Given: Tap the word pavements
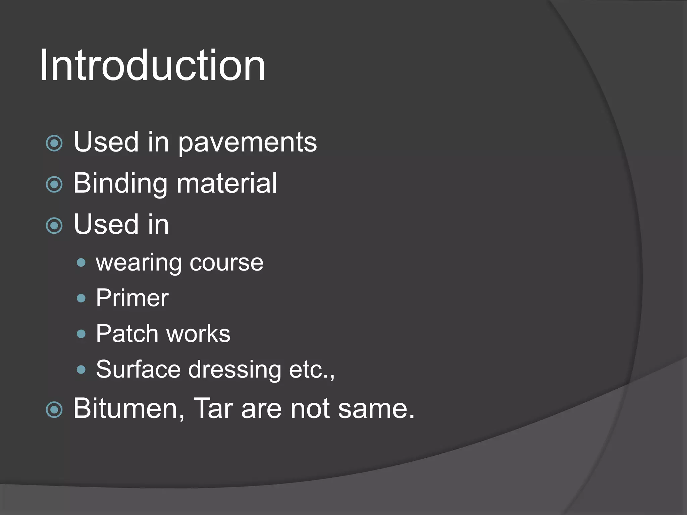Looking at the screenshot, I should click(x=247, y=142).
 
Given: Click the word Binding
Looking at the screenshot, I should click(x=120, y=183).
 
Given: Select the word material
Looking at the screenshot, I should click(x=227, y=183).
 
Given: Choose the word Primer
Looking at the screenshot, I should click(x=132, y=298).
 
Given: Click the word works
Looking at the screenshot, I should click(x=199, y=334).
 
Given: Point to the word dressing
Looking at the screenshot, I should click(x=235, y=370).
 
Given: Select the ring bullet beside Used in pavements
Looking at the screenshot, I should click(x=54, y=144).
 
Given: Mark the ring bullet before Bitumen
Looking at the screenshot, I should click(x=54, y=410).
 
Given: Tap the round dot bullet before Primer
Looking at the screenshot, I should click(x=81, y=298).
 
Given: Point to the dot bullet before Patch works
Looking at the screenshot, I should click(x=81, y=334).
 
